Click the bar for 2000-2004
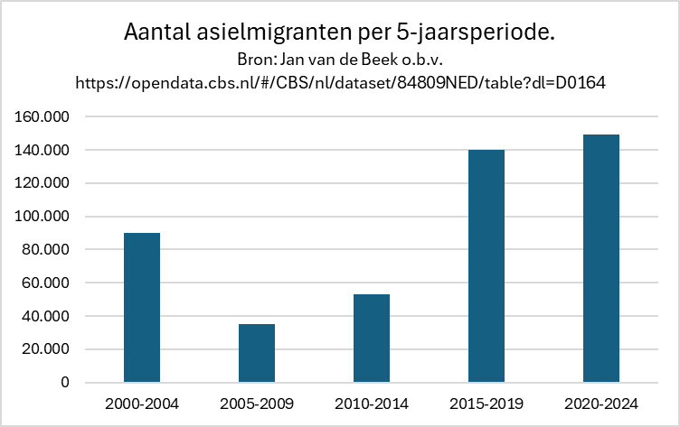(x=142, y=308)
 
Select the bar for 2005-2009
(x=257, y=353)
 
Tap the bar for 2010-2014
(x=372, y=339)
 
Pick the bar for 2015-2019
(x=486, y=266)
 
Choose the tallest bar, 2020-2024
(x=601, y=259)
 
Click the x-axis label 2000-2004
(x=142, y=403)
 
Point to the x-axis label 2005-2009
(x=257, y=403)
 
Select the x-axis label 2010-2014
(x=372, y=403)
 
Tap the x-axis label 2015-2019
(x=486, y=403)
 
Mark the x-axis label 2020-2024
(x=601, y=403)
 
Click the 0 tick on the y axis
(x=65, y=383)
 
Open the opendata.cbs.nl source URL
(x=339, y=82)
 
